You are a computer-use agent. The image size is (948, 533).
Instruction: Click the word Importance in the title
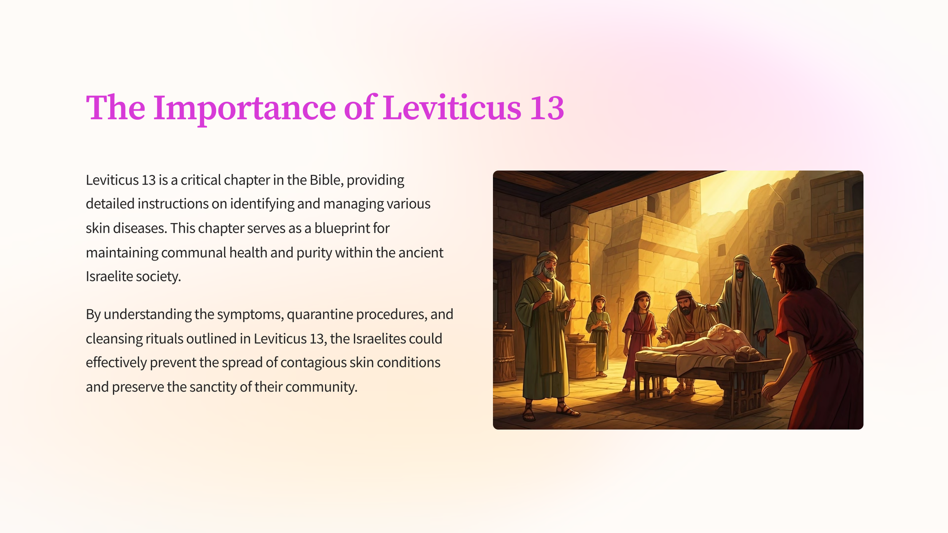click(244, 108)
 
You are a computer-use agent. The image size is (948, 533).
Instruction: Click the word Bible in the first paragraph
click(326, 180)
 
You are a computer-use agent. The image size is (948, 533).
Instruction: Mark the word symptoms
click(250, 315)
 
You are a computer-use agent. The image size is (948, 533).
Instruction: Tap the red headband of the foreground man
click(788, 259)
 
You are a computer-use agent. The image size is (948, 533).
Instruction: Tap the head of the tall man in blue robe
click(741, 266)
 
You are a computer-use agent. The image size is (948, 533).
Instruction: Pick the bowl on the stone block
click(576, 338)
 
